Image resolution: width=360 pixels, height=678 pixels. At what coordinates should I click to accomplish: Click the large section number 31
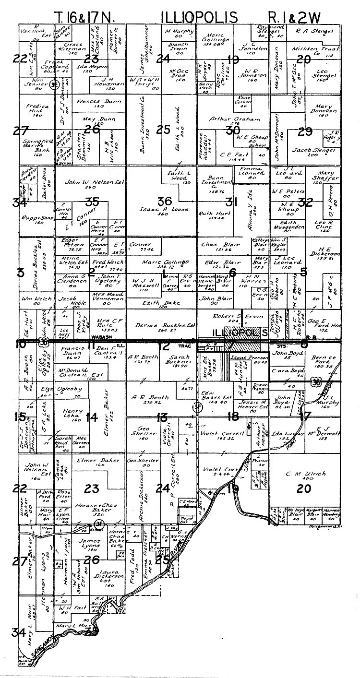click(232, 202)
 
